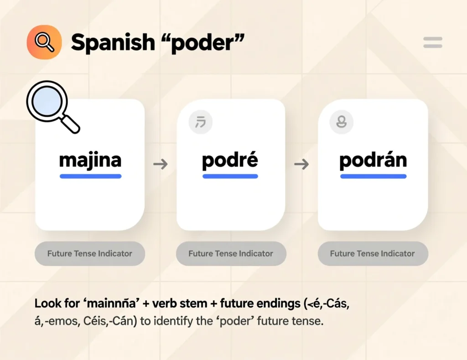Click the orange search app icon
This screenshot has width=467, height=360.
(x=44, y=42)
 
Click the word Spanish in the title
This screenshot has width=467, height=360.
(x=113, y=42)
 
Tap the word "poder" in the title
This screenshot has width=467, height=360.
(x=204, y=42)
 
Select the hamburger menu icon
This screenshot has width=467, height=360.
(x=432, y=43)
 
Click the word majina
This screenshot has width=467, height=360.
(x=90, y=160)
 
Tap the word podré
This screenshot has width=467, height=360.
(x=230, y=160)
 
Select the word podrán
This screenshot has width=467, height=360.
(x=373, y=161)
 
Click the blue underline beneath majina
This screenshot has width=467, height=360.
(x=90, y=176)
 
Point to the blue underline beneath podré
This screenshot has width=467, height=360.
(x=230, y=176)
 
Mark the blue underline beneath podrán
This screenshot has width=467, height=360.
(x=373, y=176)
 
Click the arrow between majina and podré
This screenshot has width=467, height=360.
(x=160, y=164)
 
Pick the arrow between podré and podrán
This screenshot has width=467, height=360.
(x=301, y=164)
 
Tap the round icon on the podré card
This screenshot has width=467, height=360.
(x=200, y=122)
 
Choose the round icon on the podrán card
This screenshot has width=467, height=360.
(x=341, y=122)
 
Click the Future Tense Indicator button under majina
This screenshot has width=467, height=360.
(x=90, y=253)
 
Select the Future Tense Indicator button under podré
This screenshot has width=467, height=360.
(x=231, y=253)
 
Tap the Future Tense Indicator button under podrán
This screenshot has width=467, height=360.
(x=373, y=253)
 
